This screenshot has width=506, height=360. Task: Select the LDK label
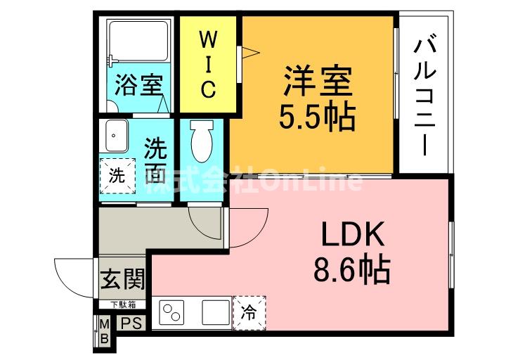[353, 234]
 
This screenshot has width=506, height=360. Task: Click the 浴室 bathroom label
[140, 86]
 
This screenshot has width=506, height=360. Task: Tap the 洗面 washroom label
[156, 160]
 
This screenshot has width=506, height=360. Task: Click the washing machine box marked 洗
[117, 176]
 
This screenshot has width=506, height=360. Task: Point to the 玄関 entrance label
[122, 280]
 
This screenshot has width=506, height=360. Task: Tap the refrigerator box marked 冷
[249, 310]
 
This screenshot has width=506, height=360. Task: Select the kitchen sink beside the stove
[214, 311]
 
